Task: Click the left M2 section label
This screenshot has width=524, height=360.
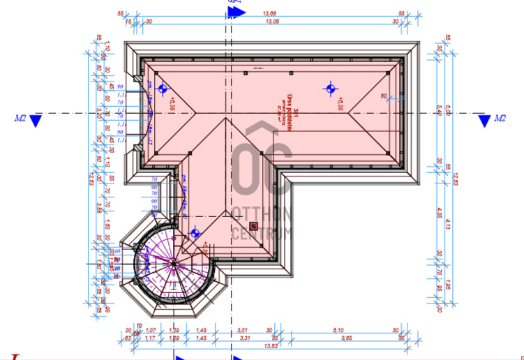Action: pyautogui.click(x=20, y=119)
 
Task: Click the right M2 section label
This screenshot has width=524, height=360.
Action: pyautogui.click(x=500, y=119)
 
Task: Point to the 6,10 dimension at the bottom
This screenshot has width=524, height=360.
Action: pyautogui.click(x=339, y=330)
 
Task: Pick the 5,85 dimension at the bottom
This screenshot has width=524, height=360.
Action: pyautogui.click(x=338, y=338)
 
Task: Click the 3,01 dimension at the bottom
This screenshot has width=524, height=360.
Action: pyautogui.click(x=244, y=330)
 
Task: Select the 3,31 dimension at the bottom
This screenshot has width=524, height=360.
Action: pyautogui.click(x=244, y=338)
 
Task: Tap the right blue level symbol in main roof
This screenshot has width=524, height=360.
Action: pyautogui.click(x=331, y=88)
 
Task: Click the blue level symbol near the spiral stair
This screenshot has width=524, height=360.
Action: pyautogui.click(x=195, y=233)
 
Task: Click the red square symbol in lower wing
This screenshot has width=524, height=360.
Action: pyautogui.click(x=254, y=225)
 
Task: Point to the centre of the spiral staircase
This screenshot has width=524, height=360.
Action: pyautogui.click(x=172, y=262)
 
